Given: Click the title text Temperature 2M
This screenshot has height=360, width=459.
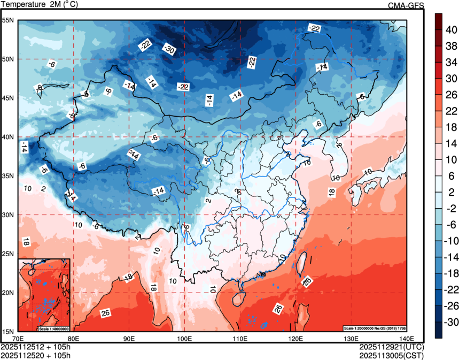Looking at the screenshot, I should [x=40, y=5].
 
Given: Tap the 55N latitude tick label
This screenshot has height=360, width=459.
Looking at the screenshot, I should [x=8, y=20].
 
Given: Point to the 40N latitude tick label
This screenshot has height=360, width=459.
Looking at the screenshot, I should [x=8, y=137].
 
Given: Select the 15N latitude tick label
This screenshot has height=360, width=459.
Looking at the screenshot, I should [x=8, y=331].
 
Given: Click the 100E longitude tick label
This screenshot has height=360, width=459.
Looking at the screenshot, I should [x=185, y=339].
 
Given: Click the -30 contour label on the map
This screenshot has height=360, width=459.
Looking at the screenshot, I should [x=169, y=50].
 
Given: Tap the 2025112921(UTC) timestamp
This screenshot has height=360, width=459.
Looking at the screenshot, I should [x=392, y=347].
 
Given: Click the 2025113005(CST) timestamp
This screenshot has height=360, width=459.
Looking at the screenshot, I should [x=392, y=354].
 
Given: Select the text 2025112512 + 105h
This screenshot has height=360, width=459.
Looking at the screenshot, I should [x=36, y=347].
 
